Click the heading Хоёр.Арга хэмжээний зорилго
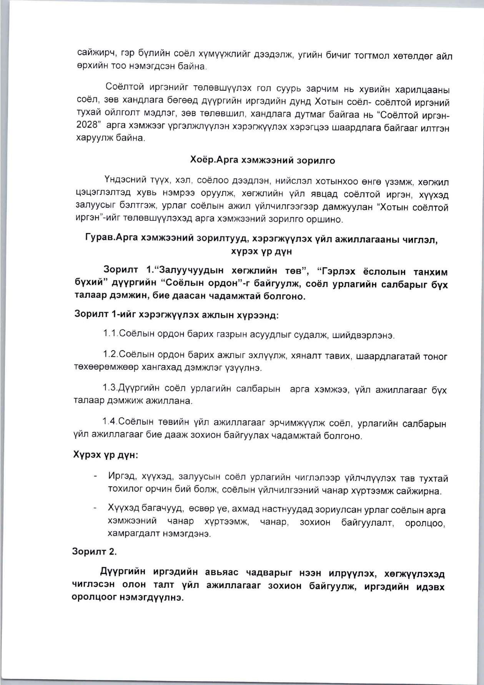tap(263, 160)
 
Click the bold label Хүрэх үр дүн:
tap(106, 455)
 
